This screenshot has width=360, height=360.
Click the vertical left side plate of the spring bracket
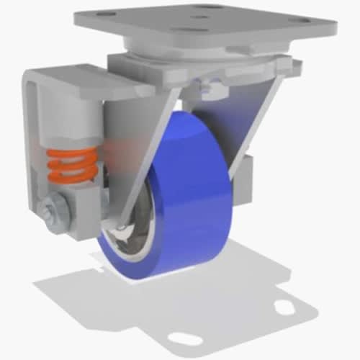pos(30,144)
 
